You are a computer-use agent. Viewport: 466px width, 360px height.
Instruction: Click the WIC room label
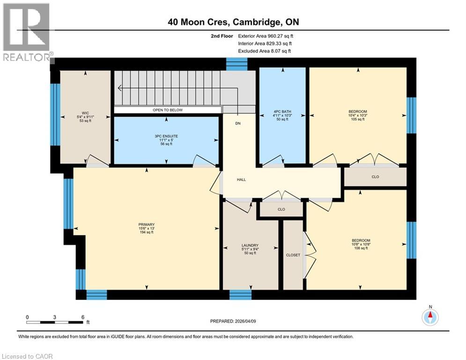pos(85,112)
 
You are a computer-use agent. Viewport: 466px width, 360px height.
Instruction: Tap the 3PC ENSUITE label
pos(166,136)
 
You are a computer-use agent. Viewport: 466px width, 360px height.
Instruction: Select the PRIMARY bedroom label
pos(147,225)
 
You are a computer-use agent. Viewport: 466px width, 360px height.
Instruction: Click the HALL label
pos(241,180)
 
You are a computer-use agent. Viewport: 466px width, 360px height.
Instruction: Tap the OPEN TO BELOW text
pos(167,110)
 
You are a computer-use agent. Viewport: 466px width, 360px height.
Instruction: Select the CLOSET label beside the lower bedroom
pos(293,255)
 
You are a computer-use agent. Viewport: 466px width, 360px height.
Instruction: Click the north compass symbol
pos(429,317)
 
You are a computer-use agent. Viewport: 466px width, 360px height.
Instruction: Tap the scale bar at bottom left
pos(55,322)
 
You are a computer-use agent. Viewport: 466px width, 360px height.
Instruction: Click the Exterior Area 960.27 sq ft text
pos(266,36)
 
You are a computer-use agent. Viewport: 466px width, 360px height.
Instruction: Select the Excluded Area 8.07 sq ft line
pos(265,51)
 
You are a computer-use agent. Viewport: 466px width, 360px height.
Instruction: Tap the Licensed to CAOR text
pos(28,356)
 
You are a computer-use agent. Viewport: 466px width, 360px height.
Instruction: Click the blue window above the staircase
pos(237,64)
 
